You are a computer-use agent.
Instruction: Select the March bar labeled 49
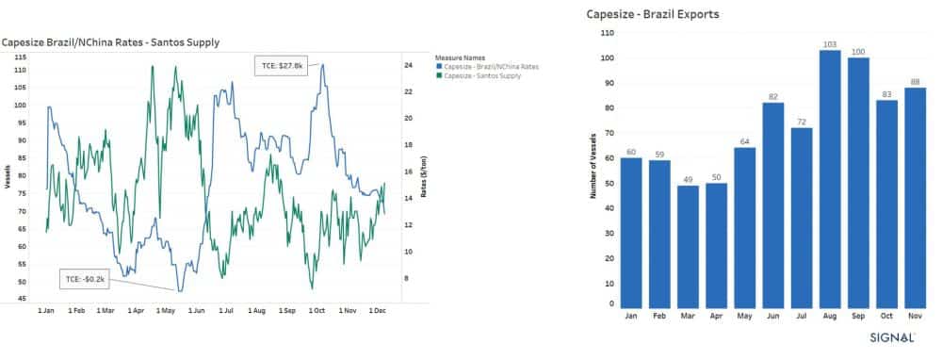click(x=688, y=244)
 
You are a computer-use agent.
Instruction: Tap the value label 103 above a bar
click(x=830, y=43)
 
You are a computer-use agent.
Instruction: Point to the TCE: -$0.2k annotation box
click(x=87, y=280)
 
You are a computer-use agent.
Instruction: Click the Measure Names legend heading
click(x=460, y=57)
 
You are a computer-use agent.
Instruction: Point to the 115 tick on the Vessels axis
click(x=20, y=57)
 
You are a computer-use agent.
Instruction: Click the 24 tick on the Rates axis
click(x=410, y=65)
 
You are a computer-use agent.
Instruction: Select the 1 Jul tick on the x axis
click(x=226, y=310)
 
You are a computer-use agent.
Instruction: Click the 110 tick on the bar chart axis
click(x=607, y=32)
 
